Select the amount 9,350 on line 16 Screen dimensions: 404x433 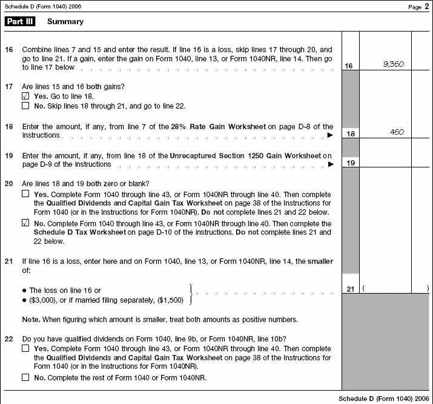coord(394,64)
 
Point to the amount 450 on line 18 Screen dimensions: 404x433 coord(397,132)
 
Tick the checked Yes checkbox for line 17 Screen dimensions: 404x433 coord(25,96)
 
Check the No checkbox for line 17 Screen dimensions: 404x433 coord(25,106)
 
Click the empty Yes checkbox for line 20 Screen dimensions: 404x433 coord(25,194)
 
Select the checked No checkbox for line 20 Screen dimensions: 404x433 coord(25,223)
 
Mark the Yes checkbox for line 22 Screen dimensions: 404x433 coord(25,349)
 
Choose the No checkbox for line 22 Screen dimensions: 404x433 coord(25,377)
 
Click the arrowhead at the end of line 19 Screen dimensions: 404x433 coord(330,164)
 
